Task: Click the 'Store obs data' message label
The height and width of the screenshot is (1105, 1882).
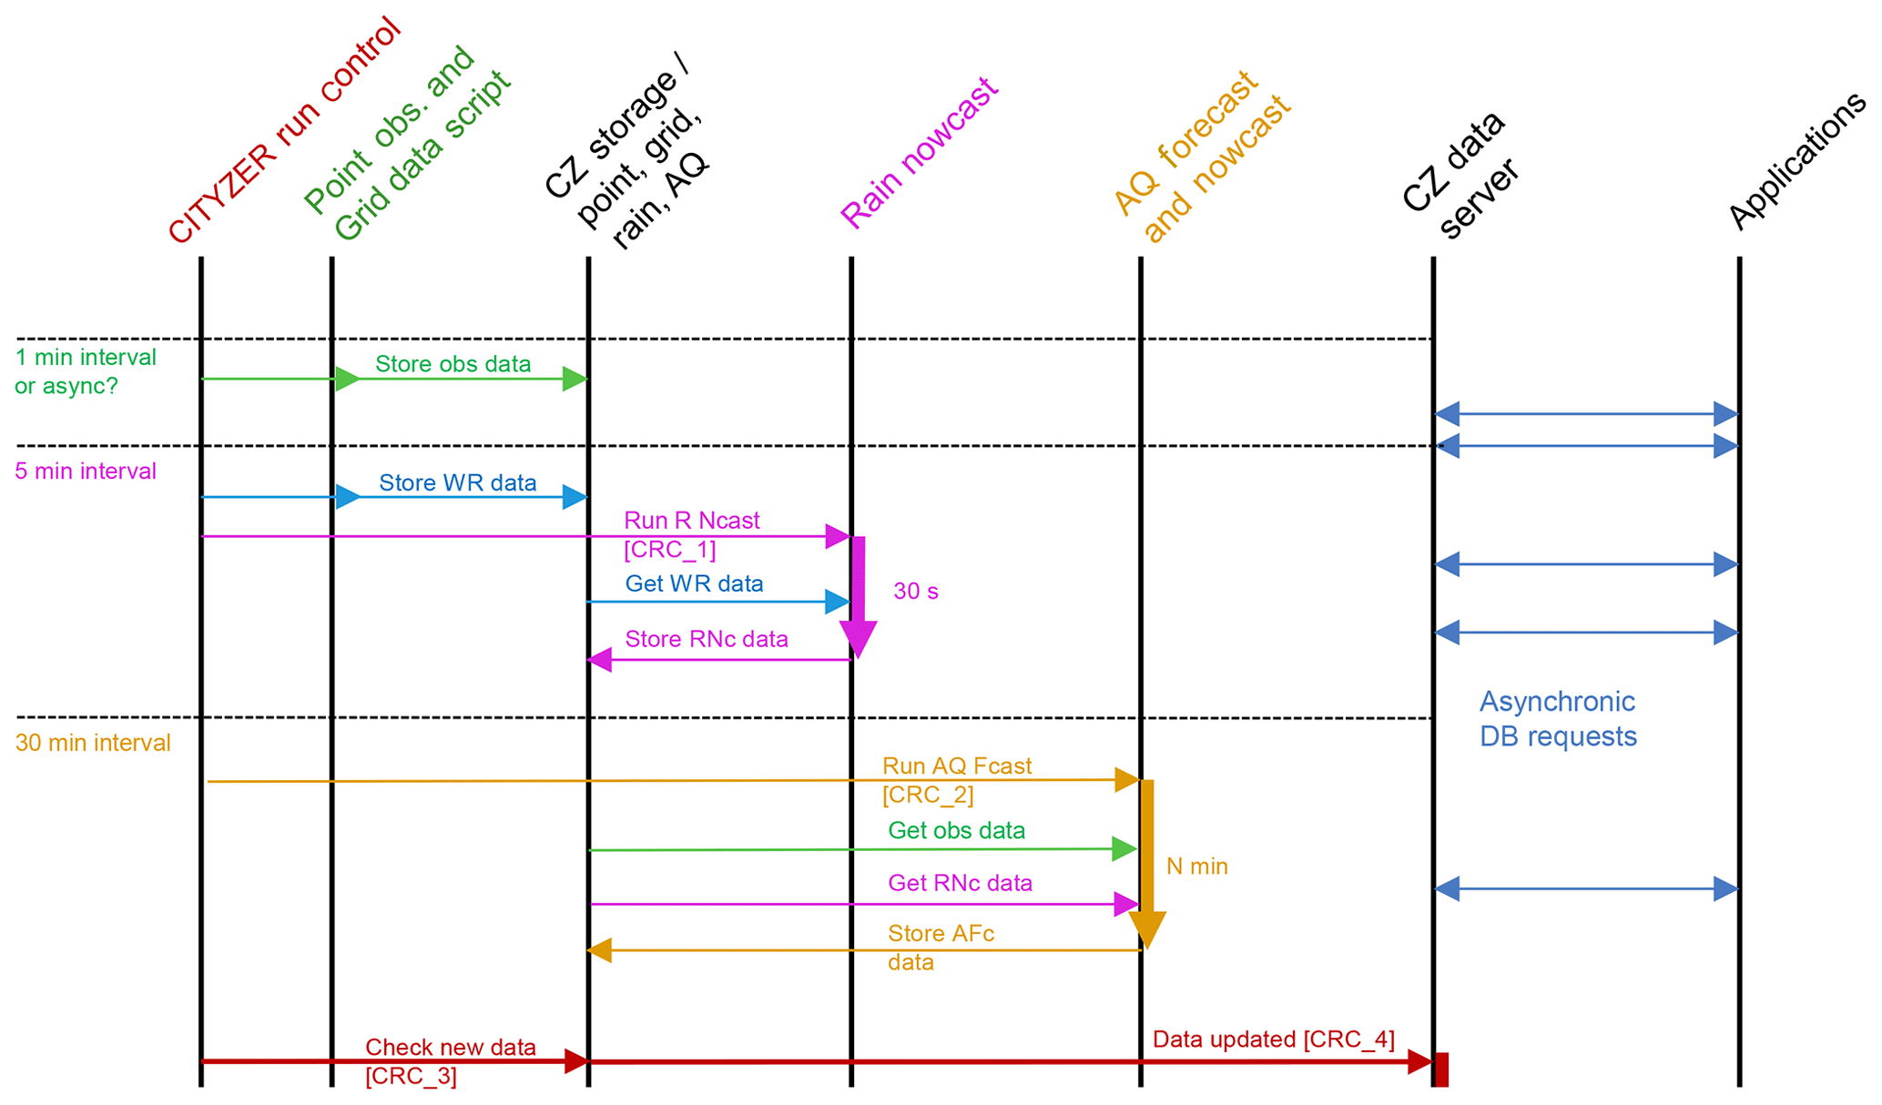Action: pyautogui.click(x=453, y=364)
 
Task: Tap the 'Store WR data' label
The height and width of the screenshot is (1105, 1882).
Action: pyautogui.click(x=457, y=482)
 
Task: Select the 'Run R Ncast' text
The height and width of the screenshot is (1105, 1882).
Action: pyautogui.click(x=691, y=521)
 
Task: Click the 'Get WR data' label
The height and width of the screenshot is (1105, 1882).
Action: pyautogui.click(x=694, y=583)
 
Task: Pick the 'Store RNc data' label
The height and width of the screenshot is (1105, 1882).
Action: pyautogui.click(x=707, y=639)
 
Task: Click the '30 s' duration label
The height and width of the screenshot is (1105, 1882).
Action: pyautogui.click(x=915, y=592)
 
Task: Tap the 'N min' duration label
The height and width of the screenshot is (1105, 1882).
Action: pyautogui.click(x=1196, y=867)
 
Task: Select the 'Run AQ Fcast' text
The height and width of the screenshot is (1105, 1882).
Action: pyautogui.click(x=956, y=766)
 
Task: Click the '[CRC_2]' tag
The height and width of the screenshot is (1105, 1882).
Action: pyautogui.click(x=928, y=795)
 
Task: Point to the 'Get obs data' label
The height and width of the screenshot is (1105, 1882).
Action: pyautogui.click(x=956, y=830)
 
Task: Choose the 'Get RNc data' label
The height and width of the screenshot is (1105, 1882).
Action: pyautogui.click(x=960, y=883)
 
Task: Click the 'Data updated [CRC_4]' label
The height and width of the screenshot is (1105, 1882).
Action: pyautogui.click(x=1273, y=1039)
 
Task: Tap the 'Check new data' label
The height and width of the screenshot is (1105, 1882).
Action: pyautogui.click(x=450, y=1048)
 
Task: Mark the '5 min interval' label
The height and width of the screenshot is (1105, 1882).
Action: pyautogui.click(x=86, y=471)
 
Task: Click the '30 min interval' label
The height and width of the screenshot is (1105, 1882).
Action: pyautogui.click(x=93, y=744)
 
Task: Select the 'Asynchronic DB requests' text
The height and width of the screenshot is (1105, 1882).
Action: pyautogui.click(x=1557, y=719)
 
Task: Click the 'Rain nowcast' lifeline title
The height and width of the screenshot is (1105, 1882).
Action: pyautogui.click(x=919, y=153)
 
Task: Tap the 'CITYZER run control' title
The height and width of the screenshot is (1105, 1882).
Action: pyautogui.click(x=284, y=132)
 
